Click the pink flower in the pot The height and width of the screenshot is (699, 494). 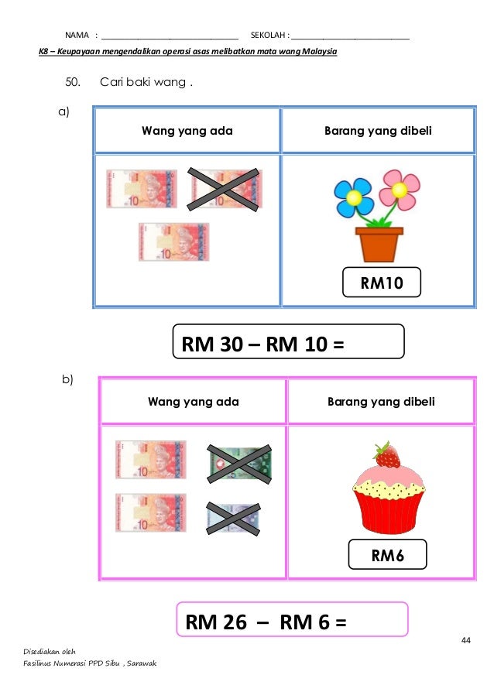click(x=400, y=185)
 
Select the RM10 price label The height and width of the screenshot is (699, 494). click(x=382, y=283)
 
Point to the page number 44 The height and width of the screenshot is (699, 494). click(x=465, y=639)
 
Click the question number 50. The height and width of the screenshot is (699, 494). click(x=74, y=82)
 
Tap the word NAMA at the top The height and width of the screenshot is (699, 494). click(x=77, y=35)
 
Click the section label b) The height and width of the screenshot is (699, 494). click(x=67, y=379)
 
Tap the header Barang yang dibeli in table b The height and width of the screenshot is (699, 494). click(x=381, y=402)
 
